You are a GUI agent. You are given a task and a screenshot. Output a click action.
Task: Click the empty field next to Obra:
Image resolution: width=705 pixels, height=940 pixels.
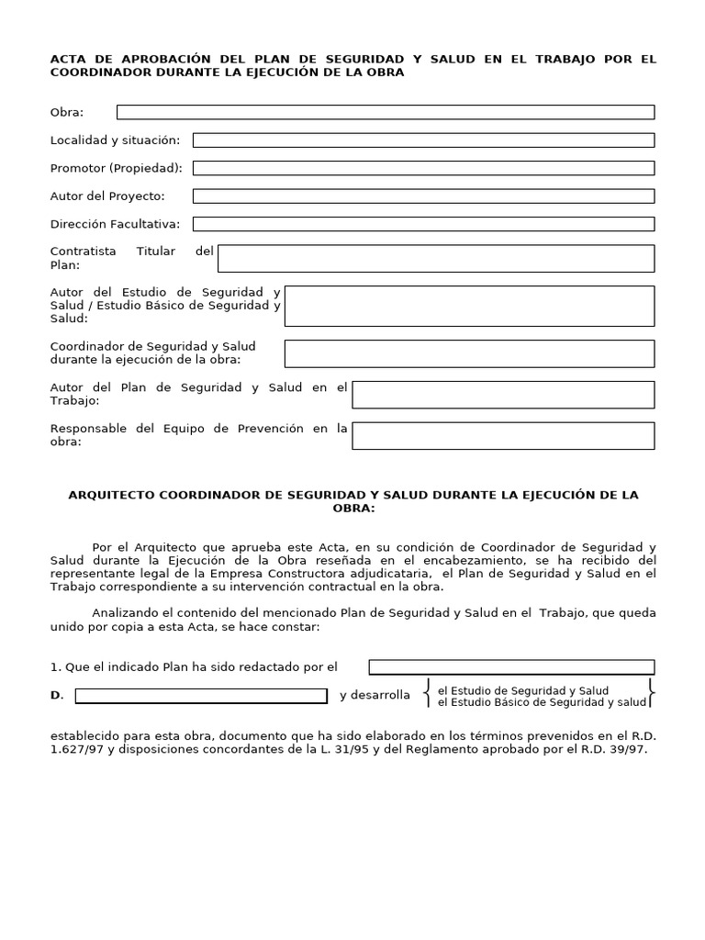pyautogui.click(x=386, y=112)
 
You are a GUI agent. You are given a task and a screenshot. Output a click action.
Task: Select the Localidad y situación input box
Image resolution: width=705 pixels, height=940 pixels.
pyautogui.click(x=423, y=140)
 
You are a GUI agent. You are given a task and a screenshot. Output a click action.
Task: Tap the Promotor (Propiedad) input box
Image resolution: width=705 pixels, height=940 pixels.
pyautogui.click(x=423, y=168)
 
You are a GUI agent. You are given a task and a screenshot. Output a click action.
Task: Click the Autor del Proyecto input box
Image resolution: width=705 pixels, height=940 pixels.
pyautogui.click(x=423, y=196)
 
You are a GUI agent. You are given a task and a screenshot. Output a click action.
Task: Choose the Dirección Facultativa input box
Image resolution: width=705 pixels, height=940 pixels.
pyautogui.click(x=423, y=224)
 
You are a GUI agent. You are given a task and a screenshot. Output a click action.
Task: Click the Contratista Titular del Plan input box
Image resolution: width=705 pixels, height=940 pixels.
pyautogui.click(x=436, y=258)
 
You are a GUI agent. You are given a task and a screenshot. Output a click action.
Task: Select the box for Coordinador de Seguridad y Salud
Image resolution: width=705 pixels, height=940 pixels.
pyautogui.click(x=469, y=353)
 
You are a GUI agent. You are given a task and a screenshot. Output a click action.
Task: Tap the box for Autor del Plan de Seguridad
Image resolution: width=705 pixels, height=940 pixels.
pyautogui.click(x=503, y=395)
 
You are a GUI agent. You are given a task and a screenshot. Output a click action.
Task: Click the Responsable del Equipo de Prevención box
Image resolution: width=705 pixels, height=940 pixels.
pyautogui.click(x=503, y=436)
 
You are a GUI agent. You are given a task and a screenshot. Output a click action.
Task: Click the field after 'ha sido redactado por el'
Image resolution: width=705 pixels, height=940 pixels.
pyautogui.click(x=511, y=667)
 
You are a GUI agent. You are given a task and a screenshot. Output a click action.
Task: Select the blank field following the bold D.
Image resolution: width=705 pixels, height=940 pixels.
pyautogui.click(x=200, y=696)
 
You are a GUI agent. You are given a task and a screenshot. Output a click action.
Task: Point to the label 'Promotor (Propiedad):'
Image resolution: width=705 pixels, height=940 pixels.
pyautogui.click(x=117, y=168)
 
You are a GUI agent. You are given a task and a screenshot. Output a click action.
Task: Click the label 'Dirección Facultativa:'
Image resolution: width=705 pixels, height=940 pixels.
pyautogui.click(x=116, y=224)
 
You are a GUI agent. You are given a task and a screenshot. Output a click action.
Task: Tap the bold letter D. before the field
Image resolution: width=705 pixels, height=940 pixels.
pyautogui.click(x=56, y=696)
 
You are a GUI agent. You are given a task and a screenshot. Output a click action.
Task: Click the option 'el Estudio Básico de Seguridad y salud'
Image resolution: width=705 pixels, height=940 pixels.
pyautogui.click(x=542, y=702)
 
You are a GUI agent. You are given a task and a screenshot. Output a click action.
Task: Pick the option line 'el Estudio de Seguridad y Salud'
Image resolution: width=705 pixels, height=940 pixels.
pyautogui.click(x=523, y=690)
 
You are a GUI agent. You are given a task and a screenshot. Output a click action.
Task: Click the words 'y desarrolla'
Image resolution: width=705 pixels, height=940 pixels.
pyautogui.click(x=375, y=696)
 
